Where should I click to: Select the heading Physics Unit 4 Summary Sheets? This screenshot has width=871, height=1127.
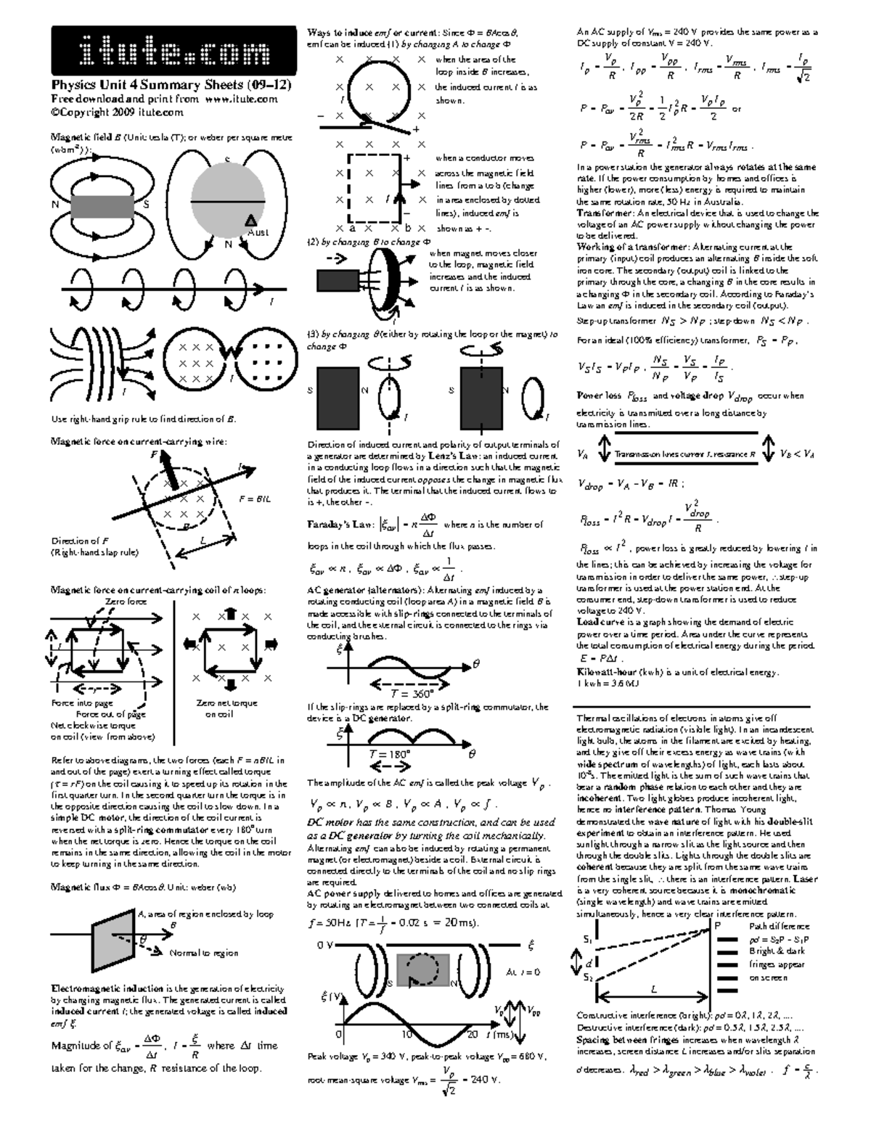click(x=171, y=85)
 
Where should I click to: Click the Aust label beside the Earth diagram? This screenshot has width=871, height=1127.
click(x=258, y=232)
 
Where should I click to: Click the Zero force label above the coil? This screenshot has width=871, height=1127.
click(x=126, y=602)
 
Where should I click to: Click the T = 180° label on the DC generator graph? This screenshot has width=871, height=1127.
click(x=390, y=754)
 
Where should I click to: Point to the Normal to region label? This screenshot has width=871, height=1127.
click(x=203, y=953)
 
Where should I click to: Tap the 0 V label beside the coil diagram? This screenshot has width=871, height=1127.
click(x=325, y=946)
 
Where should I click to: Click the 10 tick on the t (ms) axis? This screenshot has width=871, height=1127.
click(x=407, y=1033)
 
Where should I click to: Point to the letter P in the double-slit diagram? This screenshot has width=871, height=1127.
click(x=718, y=925)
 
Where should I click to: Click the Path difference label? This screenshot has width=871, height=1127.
click(x=779, y=926)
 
